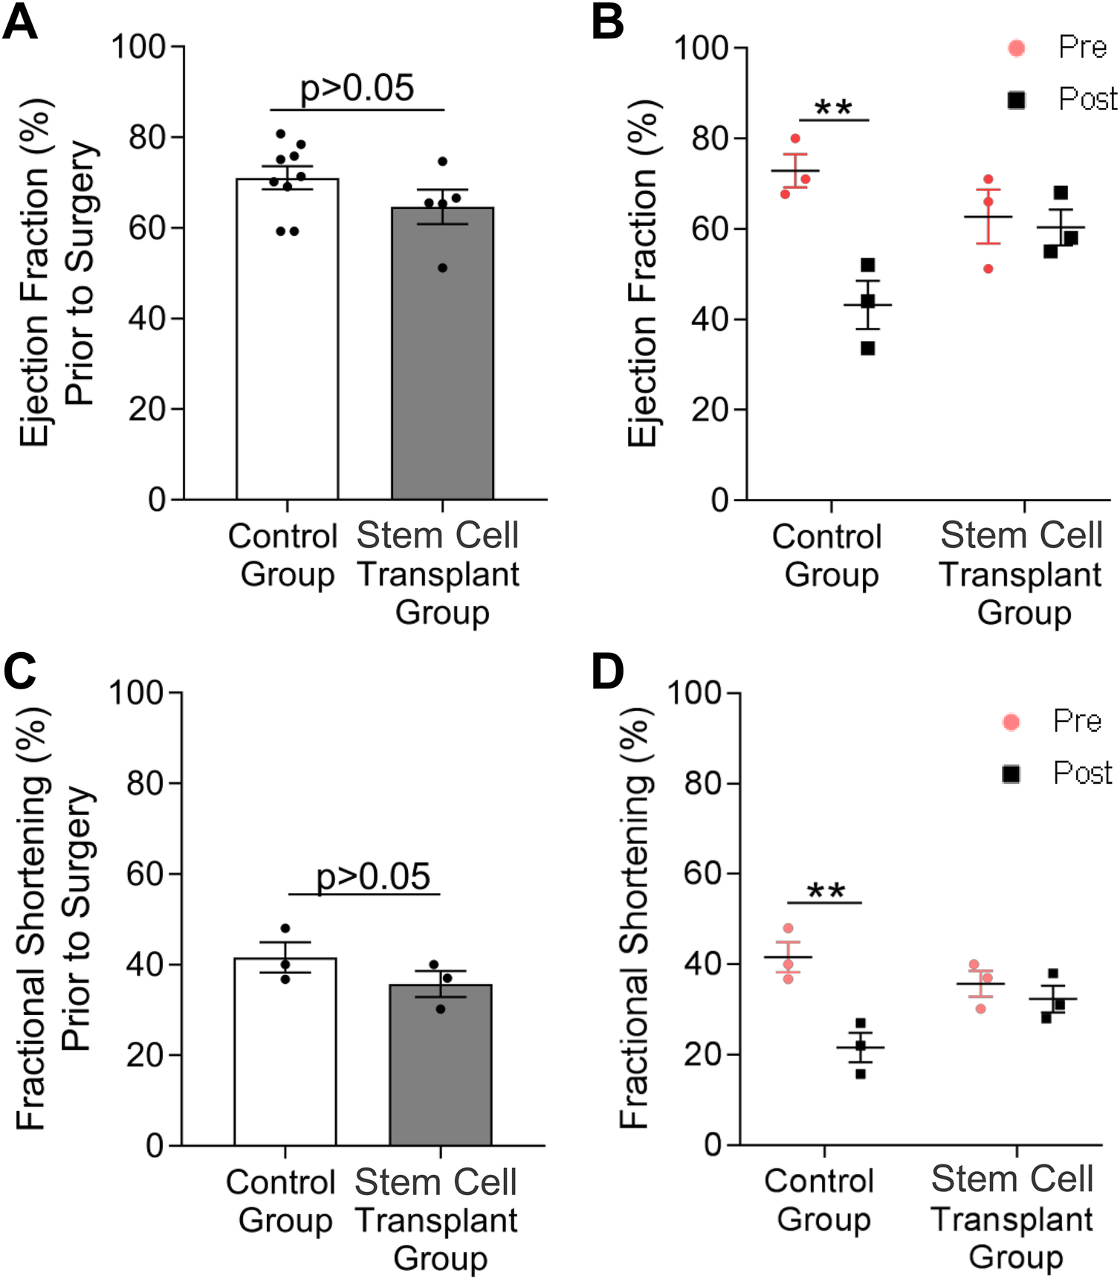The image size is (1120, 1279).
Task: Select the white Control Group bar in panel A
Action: [287, 342]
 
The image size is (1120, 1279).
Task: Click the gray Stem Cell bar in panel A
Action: [442, 357]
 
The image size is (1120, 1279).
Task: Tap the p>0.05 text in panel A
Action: [357, 88]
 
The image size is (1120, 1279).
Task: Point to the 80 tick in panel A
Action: [146, 137]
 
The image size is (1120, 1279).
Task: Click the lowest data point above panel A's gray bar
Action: [442, 268]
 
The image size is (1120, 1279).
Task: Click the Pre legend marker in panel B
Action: [1016, 48]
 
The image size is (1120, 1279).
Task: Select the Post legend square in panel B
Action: [1016, 100]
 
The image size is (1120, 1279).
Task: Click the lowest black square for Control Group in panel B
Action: [867, 347]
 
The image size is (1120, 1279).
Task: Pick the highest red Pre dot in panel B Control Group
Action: [795, 139]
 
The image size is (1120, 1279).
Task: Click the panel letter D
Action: [607, 671]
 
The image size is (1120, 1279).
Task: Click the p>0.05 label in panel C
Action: [373, 876]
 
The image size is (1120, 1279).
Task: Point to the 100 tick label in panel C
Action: [136, 692]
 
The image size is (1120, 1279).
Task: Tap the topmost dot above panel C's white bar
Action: [285, 929]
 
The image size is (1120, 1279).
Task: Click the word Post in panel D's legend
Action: [1082, 773]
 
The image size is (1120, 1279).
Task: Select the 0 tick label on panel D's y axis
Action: [712, 1145]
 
